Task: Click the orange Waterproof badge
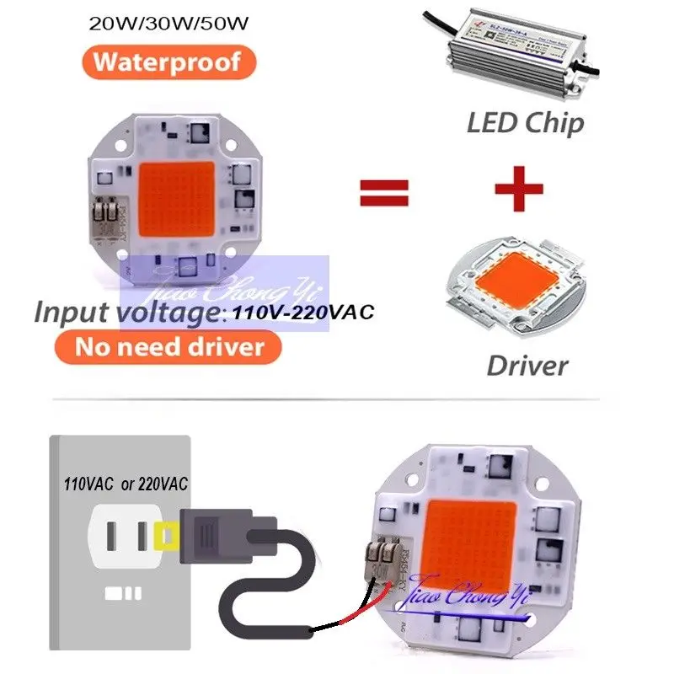coord(166,62)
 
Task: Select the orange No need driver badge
coord(168,345)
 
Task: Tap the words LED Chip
coord(525,123)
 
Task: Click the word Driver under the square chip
coord(527,365)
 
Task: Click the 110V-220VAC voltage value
coord(300,311)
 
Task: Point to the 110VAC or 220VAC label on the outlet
coord(126,485)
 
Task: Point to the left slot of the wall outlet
coord(113,533)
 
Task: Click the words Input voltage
coord(126,311)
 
